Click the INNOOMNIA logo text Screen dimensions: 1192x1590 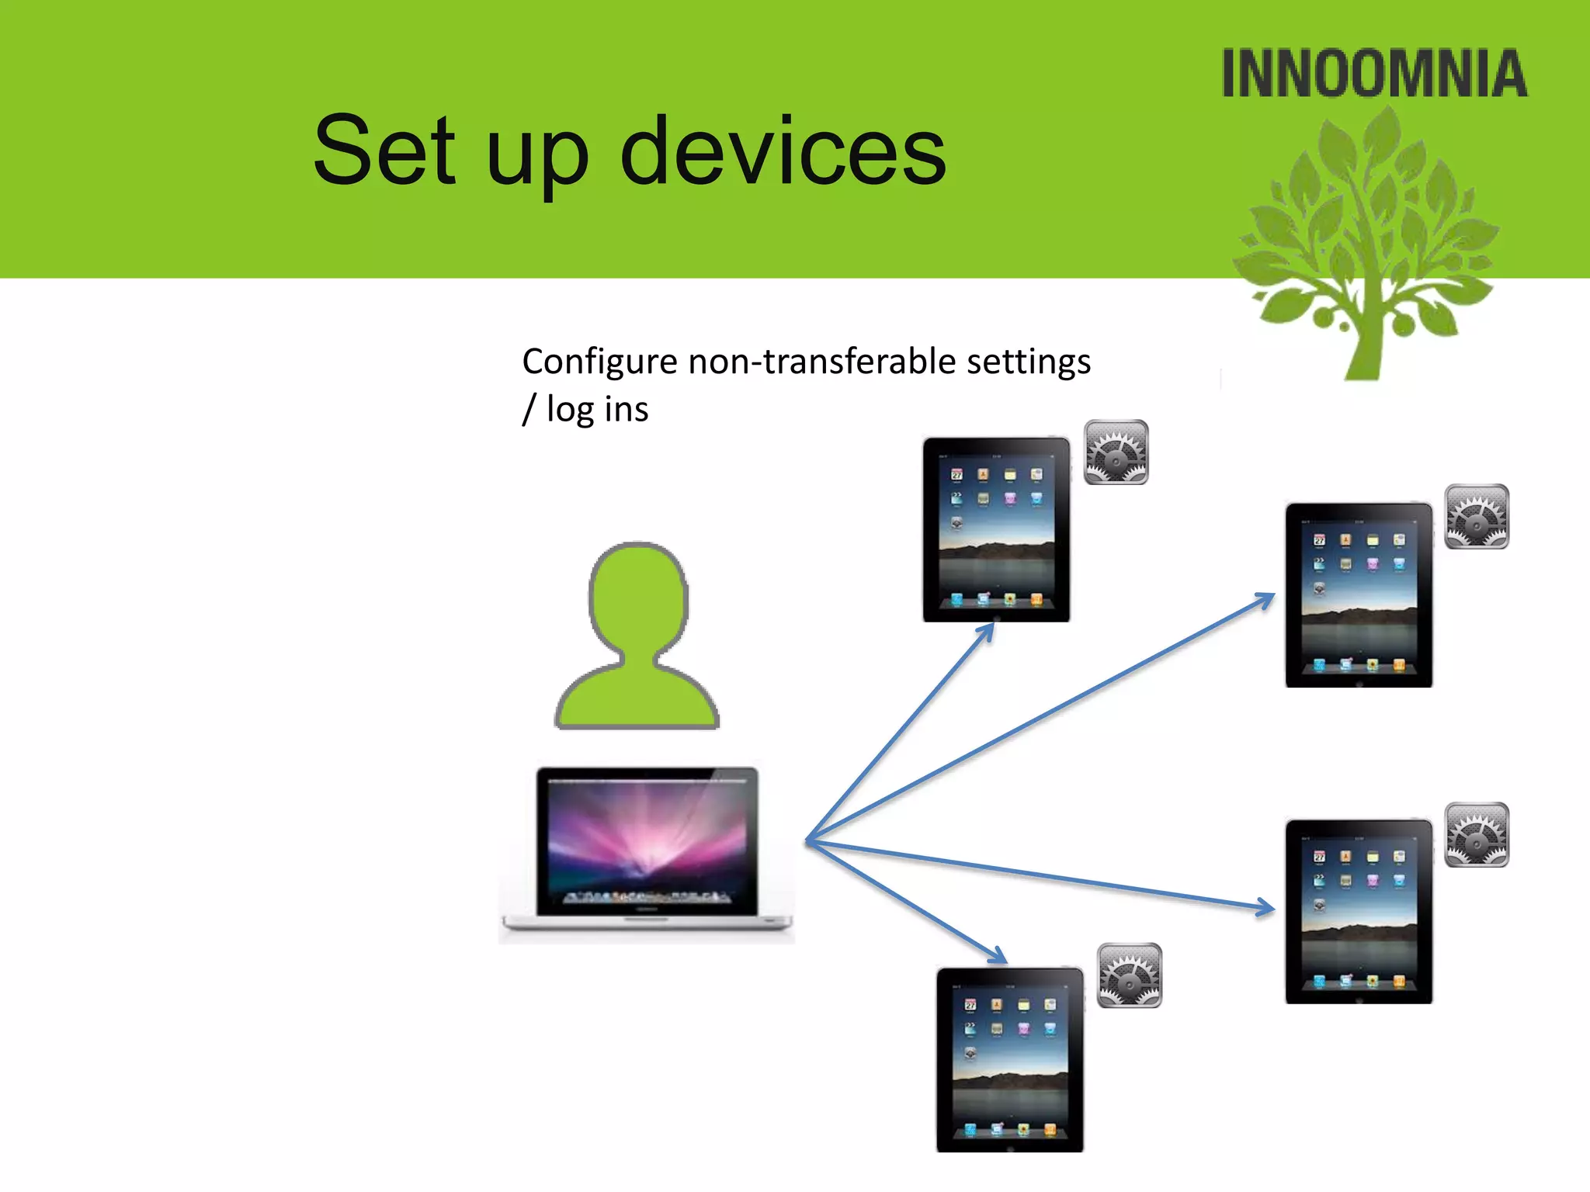pos(1374,74)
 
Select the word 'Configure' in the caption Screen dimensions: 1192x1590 pos(599,362)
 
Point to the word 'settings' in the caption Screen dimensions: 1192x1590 pos(1028,362)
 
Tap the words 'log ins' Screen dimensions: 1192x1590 pos(596,410)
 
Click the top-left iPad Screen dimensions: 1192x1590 pos(996,530)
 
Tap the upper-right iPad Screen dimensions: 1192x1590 pos(1359,595)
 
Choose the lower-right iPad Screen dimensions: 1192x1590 pos(1359,911)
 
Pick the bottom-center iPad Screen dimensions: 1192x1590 pos(1009,1060)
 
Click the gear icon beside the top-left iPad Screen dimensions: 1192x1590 pos(1116,452)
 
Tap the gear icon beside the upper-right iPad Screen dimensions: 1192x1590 pos(1477,517)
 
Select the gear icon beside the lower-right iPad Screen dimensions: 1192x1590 pos(1477,835)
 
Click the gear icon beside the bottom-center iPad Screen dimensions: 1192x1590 pos(1130,975)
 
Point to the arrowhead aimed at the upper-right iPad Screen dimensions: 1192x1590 pos(1265,599)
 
